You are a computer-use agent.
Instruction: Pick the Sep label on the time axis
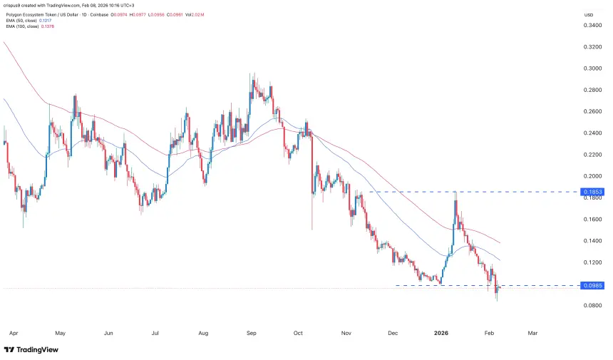click(250, 331)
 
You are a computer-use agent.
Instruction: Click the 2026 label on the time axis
click(442, 331)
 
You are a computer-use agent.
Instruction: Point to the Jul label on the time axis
click(155, 331)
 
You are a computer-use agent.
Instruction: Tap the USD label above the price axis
click(588, 14)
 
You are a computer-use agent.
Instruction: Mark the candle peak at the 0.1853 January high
click(455, 193)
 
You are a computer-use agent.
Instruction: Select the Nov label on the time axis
click(347, 331)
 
